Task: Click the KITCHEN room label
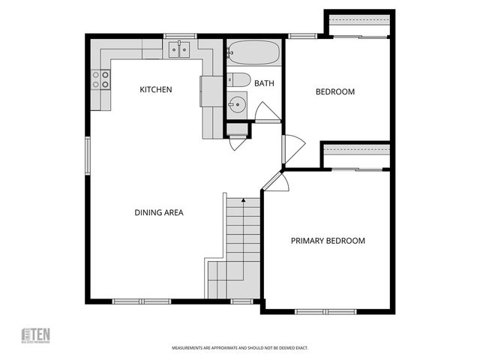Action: [x=156, y=90]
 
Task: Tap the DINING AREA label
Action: [x=159, y=212]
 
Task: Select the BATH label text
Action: [x=264, y=83]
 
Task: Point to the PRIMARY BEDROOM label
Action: [x=328, y=241]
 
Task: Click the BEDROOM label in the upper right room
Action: [x=334, y=92]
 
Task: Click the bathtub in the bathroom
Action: [x=253, y=53]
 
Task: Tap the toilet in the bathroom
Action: [x=238, y=80]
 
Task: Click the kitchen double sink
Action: [x=178, y=50]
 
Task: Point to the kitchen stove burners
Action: [x=101, y=79]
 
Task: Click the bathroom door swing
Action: [x=266, y=112]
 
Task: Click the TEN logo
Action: [x=36, y=335]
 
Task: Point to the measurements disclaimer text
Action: [x=240, y=348]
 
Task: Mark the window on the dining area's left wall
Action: [x=87, y=157]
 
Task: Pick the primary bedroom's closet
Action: [x=357, y=156]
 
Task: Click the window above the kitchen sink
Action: [x=180, y=35]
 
